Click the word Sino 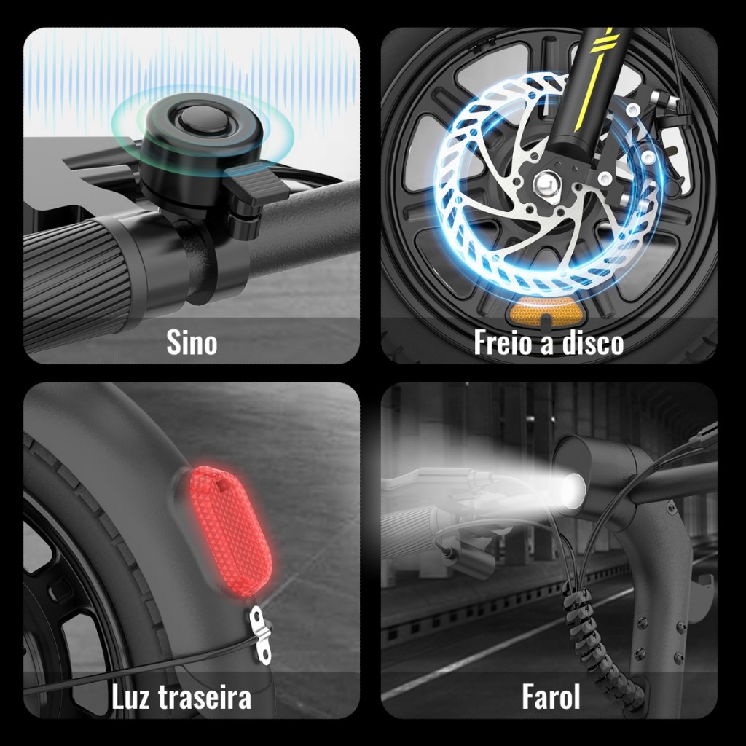pos(192,342)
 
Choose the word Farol pos(551,696)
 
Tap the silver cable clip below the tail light pos(260,635)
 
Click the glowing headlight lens pos(574,490)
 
